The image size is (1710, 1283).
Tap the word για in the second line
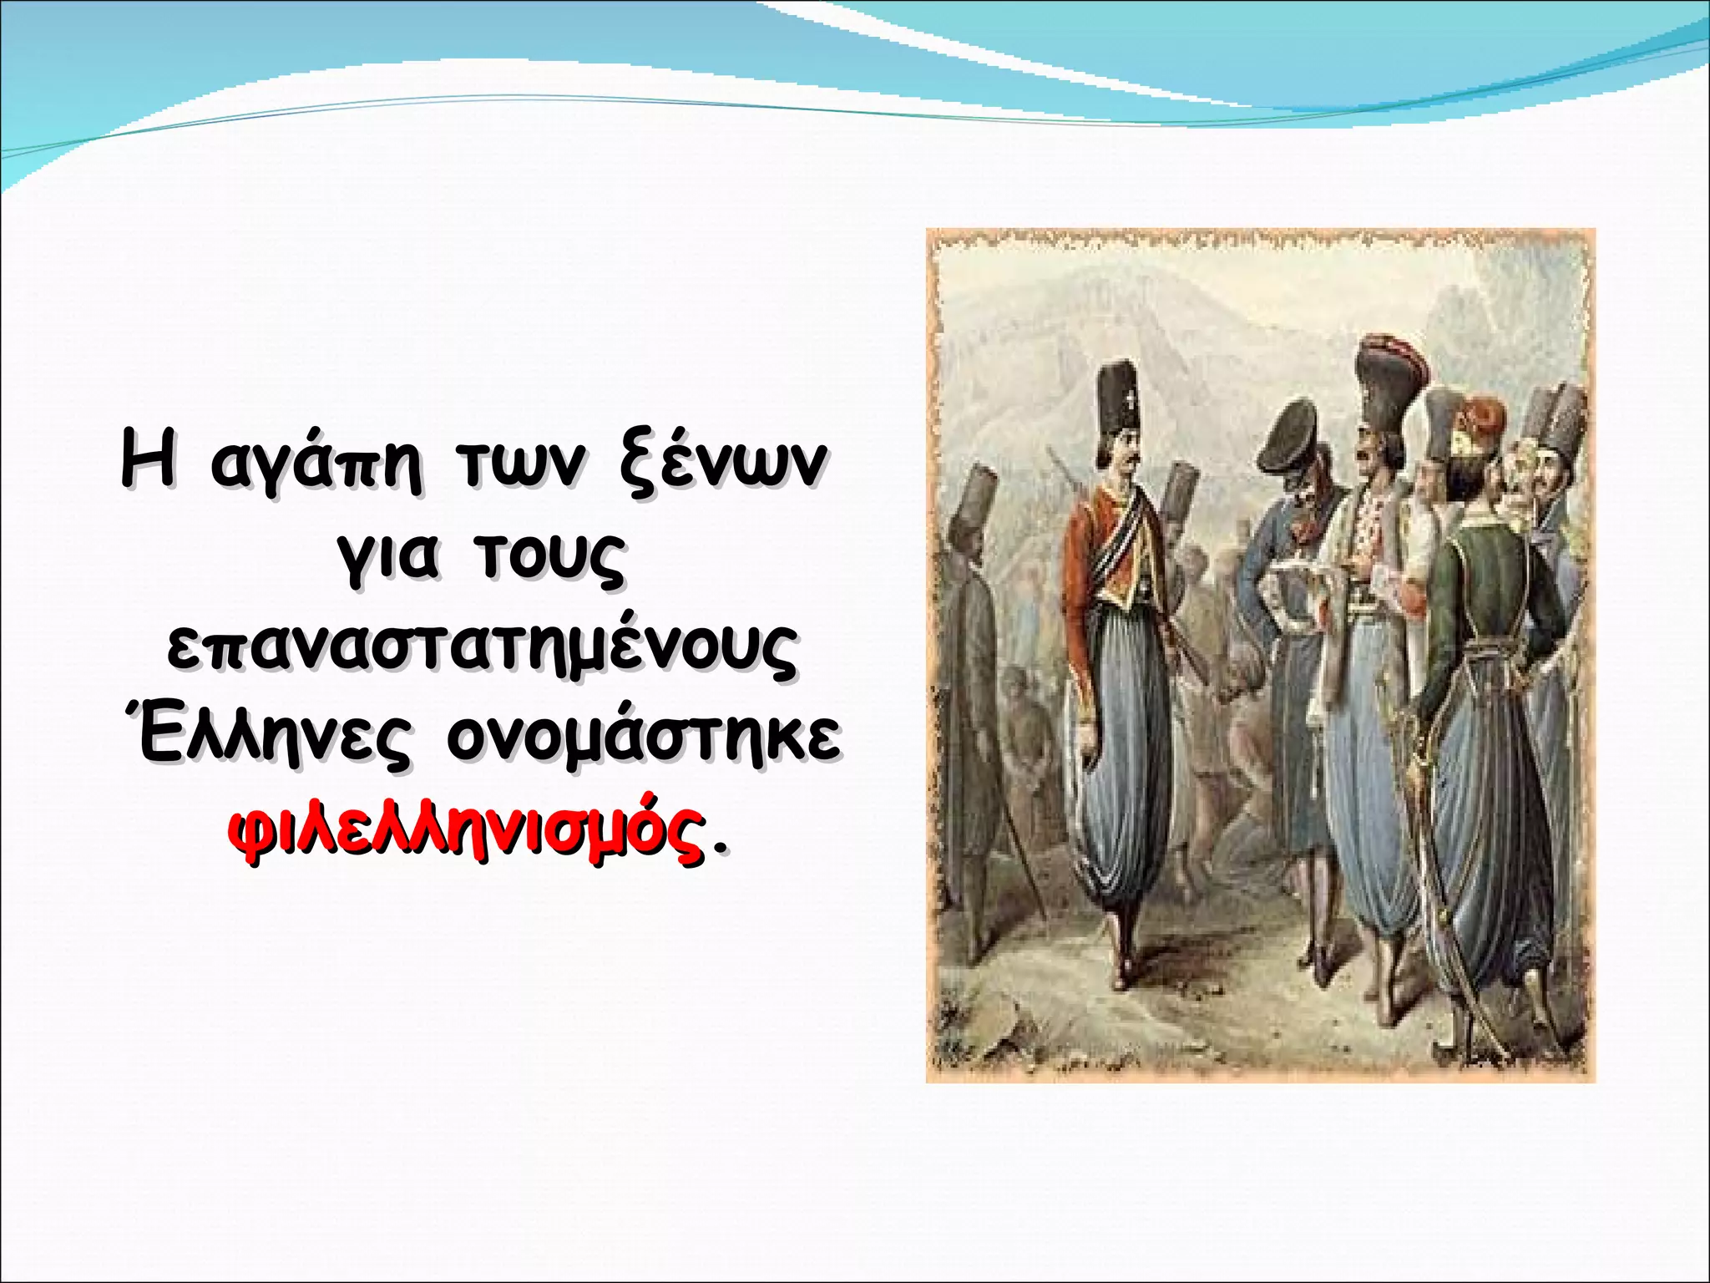point(387,555)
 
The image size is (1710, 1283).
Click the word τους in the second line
point(550,555)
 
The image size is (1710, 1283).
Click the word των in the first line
point(517,464)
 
